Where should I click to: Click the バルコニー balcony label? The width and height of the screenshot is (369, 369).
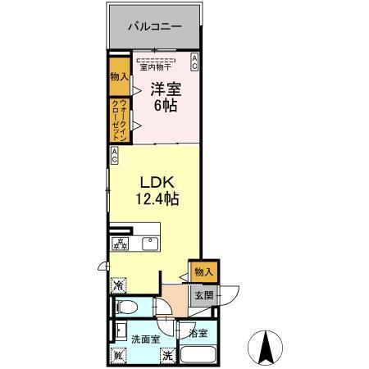pyautogui.click(x=153, y=26)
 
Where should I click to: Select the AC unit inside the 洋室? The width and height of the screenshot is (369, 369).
pyautogui.click(x=194, y=61)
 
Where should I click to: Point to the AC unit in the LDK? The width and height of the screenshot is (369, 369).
pyautogui.click(x=115, y=154)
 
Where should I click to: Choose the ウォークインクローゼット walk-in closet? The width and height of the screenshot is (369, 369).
pyautogui.click(x=118, y=120)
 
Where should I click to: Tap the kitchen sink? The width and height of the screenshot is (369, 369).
pyautogui.click(x=150, y=244)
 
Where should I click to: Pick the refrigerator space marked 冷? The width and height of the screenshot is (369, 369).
pyautogui.click(x=118, y=286)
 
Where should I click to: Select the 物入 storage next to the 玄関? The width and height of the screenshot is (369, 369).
pyautogui.click(x=202, y=271)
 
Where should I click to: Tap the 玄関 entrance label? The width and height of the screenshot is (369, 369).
pyautogui.click(x=202, y=294)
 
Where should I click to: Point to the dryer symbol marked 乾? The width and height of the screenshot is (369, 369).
pyautogui.click(x=118, y=355)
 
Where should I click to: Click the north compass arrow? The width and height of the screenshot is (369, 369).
pyautogui.click(x=267, y=347)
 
